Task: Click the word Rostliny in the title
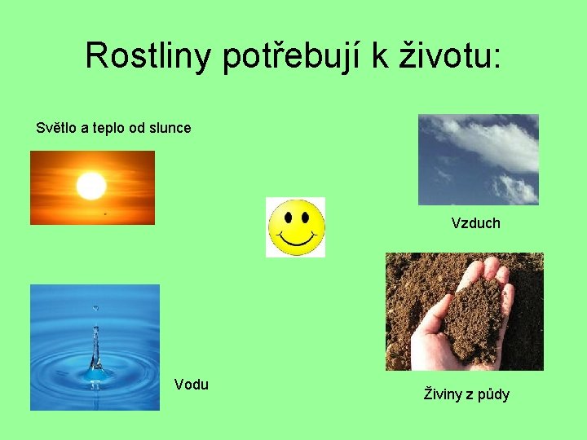point(148,55)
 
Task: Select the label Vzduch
point(475,222)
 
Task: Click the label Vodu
point(192,385)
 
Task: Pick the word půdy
point(492,395)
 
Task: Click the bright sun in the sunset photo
point(91,186)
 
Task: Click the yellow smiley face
point(295,227)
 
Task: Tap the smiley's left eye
point(287,218)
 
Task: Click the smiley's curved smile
point(295,240)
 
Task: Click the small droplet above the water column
point(95,308)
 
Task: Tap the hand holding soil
point(457,326)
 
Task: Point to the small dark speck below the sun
point(104,213)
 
